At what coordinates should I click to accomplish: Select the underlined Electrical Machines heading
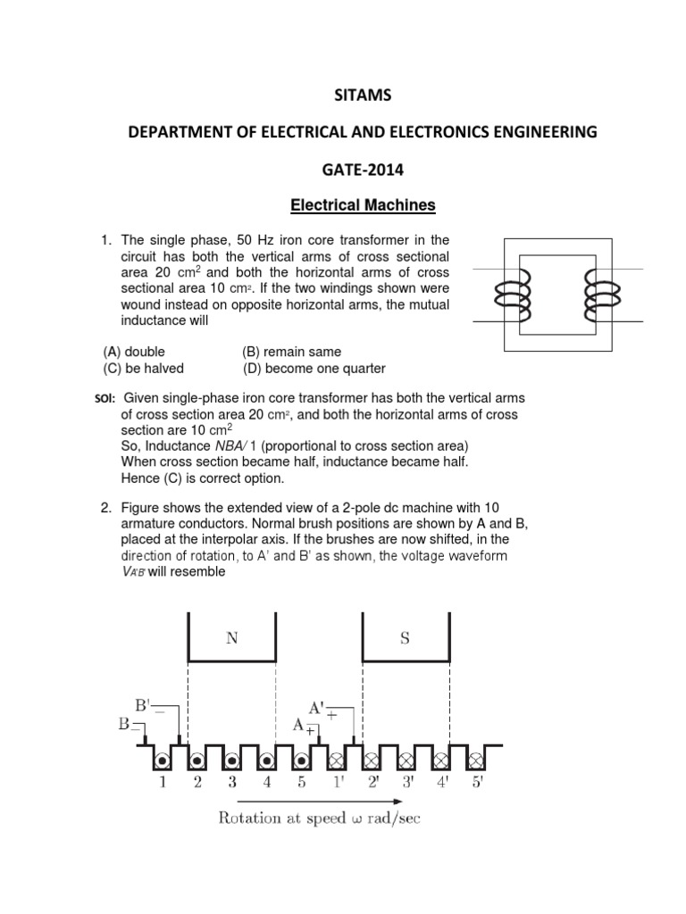(x=363, y=206)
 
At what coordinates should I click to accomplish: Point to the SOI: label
(x=94, y=398)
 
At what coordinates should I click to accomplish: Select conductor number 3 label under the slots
(x=232, y=783)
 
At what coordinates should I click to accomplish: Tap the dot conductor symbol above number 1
(x=163, y=760)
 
